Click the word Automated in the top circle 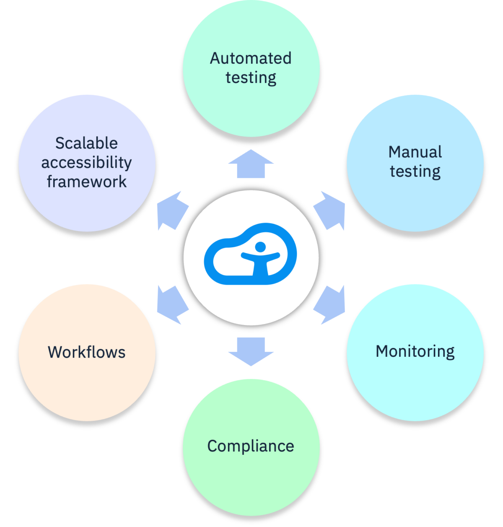(251, 58)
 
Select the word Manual (415, 152)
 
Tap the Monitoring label (415, 351)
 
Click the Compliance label (251, 446)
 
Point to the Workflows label (87, 352)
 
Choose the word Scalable (87, 143)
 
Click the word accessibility (87, 163)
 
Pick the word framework (87, 182)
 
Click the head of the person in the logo (260, 247)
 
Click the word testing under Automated (251, 78)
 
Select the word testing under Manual (415, 171)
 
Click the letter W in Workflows (56, 352)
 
